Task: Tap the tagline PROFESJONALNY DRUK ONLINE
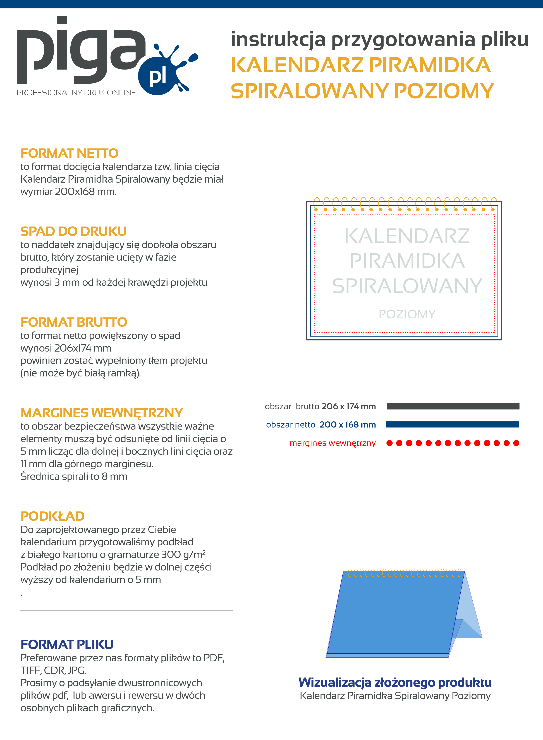click(76, 93)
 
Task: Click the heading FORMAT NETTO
click(69, 153)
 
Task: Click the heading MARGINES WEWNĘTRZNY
click(102, 413)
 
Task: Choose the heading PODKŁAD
click(53, 516)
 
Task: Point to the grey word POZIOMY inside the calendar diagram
click(407, 314)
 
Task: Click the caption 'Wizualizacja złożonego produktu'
click(395, 682)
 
